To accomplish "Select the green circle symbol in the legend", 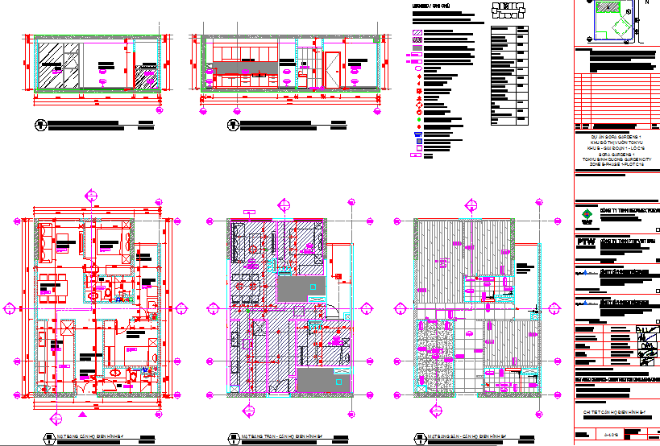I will [x=417, y=120].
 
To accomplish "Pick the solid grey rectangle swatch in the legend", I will [x=417, y=48].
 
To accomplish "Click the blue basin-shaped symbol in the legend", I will [x=417, y=134].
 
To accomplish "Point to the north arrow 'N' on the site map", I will [x=645, y=2].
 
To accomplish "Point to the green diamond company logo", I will [x=587, y=213].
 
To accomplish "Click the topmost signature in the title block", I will [x=645, y=330].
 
